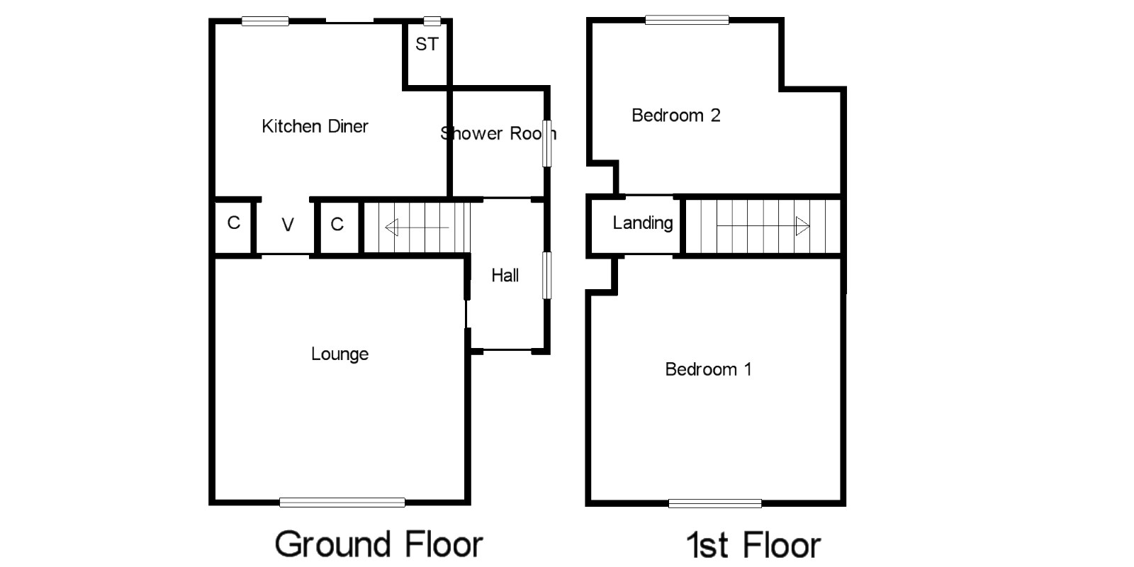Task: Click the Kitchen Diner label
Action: coord(315,126)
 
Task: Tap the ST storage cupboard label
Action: coord(427,44)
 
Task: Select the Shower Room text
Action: coord(498,133)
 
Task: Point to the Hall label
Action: coord(505,276)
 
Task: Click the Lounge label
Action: coord(339,354)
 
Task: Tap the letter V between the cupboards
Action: coord(288,225)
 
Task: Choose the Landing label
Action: coord(642,223)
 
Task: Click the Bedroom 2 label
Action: coord(676,116)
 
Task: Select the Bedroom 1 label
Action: coord(708,369)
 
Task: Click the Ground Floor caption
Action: coord(378,544)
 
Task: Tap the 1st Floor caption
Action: coord(753,545)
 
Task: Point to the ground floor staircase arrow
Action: coord(417,228)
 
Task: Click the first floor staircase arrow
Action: coord(763,226)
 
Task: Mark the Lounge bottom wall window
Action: coord(342,503)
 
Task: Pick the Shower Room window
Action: coord(546,143)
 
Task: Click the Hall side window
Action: coord(546,276)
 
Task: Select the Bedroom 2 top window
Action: coord(687,21)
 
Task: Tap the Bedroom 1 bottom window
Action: coord(715,503)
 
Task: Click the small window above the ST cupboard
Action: coord(432,21)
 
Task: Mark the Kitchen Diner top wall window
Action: coord(265,21)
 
